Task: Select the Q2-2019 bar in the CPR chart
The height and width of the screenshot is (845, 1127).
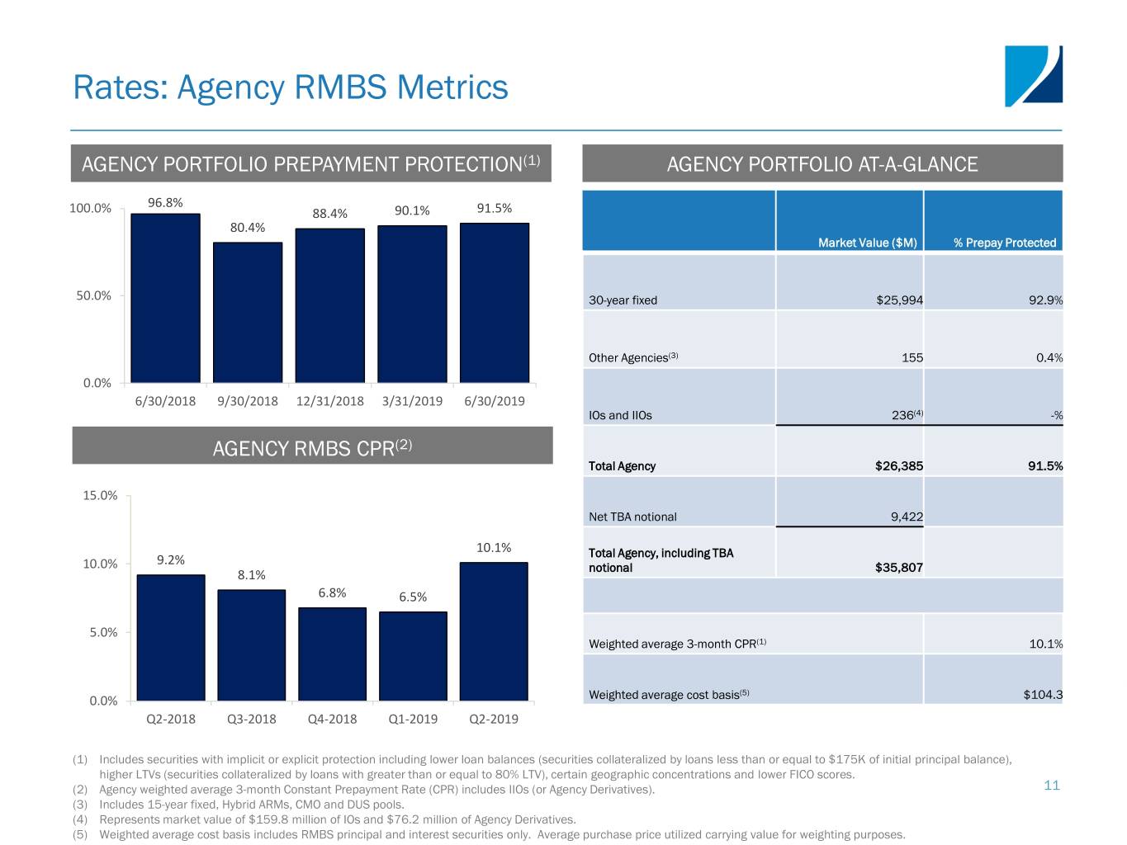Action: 494,631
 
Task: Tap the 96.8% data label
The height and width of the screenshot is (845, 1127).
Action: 165,203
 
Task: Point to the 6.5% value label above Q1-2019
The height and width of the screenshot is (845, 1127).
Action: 413,597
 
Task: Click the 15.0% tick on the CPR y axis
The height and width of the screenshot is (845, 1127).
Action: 100,496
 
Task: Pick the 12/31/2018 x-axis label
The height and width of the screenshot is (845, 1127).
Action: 329,401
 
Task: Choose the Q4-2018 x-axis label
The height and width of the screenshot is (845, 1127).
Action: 332,719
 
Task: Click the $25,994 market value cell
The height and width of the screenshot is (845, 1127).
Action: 899,300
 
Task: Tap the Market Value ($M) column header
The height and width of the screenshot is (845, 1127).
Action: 867,243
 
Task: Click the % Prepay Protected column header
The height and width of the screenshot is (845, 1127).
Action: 1005,243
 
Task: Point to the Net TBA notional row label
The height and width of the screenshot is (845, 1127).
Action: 632,517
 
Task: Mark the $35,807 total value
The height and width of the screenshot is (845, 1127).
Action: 898,568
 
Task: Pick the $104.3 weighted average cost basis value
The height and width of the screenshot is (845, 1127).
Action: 1043,695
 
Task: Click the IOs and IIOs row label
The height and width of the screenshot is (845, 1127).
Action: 620,416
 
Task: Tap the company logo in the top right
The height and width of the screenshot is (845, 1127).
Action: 1033,76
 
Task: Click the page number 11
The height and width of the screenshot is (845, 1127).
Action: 1051,786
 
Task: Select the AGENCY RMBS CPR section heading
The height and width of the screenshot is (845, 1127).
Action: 312,447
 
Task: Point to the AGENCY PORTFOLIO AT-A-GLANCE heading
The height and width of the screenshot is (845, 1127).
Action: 822,164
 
